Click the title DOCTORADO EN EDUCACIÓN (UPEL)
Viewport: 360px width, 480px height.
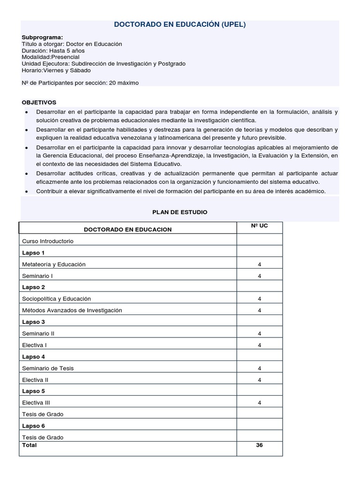point(180,25)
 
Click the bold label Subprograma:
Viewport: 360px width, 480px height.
point(42,37)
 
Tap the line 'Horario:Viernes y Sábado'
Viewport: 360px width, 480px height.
point(56,70)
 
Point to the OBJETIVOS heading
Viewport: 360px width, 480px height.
point(39,102)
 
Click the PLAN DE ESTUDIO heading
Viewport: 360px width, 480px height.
point(180,212)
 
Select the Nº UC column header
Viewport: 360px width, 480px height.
point(259,226)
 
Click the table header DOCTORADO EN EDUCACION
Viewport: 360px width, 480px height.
point(127,229)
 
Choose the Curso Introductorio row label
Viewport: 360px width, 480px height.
point(48,241)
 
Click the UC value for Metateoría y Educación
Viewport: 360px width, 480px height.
point(259,264)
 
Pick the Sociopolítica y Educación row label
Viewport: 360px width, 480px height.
point(56,299)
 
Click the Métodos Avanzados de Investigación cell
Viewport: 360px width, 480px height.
point(72,310)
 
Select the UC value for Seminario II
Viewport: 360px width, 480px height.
point(259,333)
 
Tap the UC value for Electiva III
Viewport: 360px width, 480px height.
point(259,403)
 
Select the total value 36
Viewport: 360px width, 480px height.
point(259,445)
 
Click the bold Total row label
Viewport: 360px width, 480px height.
point(29,445)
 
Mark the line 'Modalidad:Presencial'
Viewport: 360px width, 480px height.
point(51,57)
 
